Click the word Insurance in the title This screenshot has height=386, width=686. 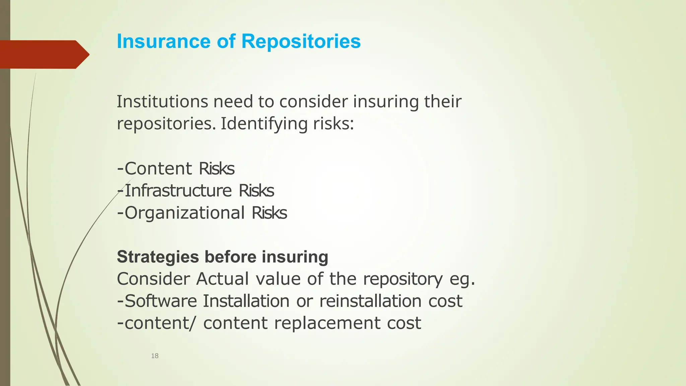click(163, 42)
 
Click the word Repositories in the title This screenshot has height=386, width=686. click(301, 42)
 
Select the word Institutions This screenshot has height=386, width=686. click(162, 102)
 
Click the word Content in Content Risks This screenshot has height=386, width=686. click(158, 169)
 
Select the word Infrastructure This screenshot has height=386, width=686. click(178, 191)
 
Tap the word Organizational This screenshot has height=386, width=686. click(185, 213)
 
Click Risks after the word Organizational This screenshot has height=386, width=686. click(269, 213)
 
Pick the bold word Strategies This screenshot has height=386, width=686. click(158, 257)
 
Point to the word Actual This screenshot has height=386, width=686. click(222, 279)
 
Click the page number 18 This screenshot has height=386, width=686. click(155, 356)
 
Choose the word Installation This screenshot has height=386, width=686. click(246, 301)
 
